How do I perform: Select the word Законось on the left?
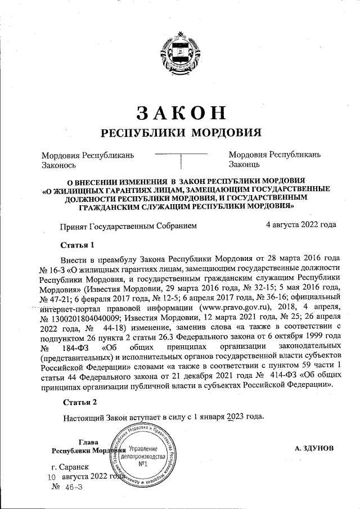click(x=59, y=165)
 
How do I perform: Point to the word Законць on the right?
click(x=244, y=165)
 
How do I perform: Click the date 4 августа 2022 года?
click(x=301, y=225)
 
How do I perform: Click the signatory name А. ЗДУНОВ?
click(x=314, y=448)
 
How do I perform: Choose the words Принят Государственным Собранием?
click(x=129, y=226)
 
